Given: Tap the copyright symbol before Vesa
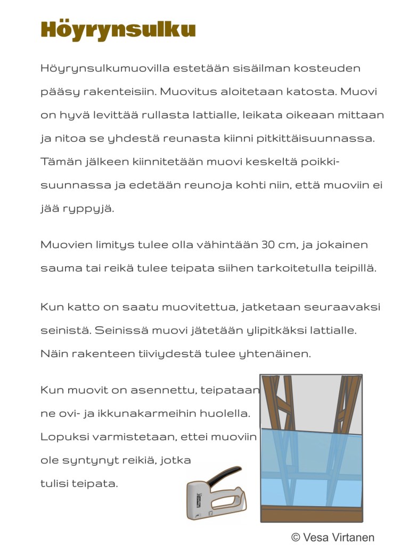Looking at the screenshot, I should [x=296, y=538].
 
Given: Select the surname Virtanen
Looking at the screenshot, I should [x=354, y=538].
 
